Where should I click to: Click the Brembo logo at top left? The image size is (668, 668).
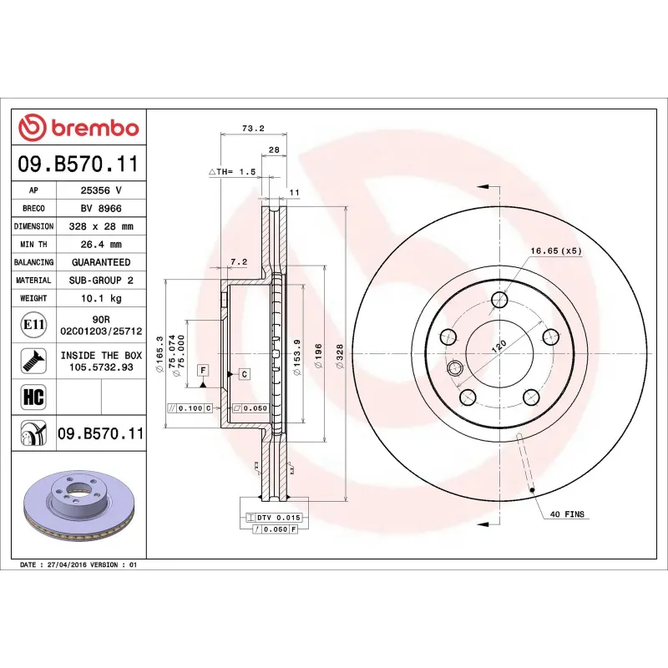(x=78, y=128)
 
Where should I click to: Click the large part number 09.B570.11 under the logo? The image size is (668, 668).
(x=78, y=166)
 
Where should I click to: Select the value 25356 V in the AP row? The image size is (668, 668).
(x=101, y=190)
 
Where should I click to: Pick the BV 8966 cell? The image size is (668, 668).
(x=101, y=208)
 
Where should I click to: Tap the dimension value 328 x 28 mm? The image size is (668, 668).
(x=101, y=226)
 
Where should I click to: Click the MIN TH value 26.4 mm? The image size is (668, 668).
(x=101, y=245)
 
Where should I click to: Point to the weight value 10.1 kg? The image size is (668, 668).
(x=101, y=298)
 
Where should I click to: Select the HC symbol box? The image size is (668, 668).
(x=33, y=395)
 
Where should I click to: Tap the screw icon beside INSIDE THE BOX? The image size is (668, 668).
(x=33, y=360)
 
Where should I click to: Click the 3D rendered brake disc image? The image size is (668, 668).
(x=79, y=505)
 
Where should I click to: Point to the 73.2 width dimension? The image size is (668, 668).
(x=252, y=128)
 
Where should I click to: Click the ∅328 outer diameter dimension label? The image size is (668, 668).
(x=339, y=353)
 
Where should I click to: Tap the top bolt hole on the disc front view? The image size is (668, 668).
(x=499, y=300)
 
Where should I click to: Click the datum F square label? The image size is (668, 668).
(x=203, y=369)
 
